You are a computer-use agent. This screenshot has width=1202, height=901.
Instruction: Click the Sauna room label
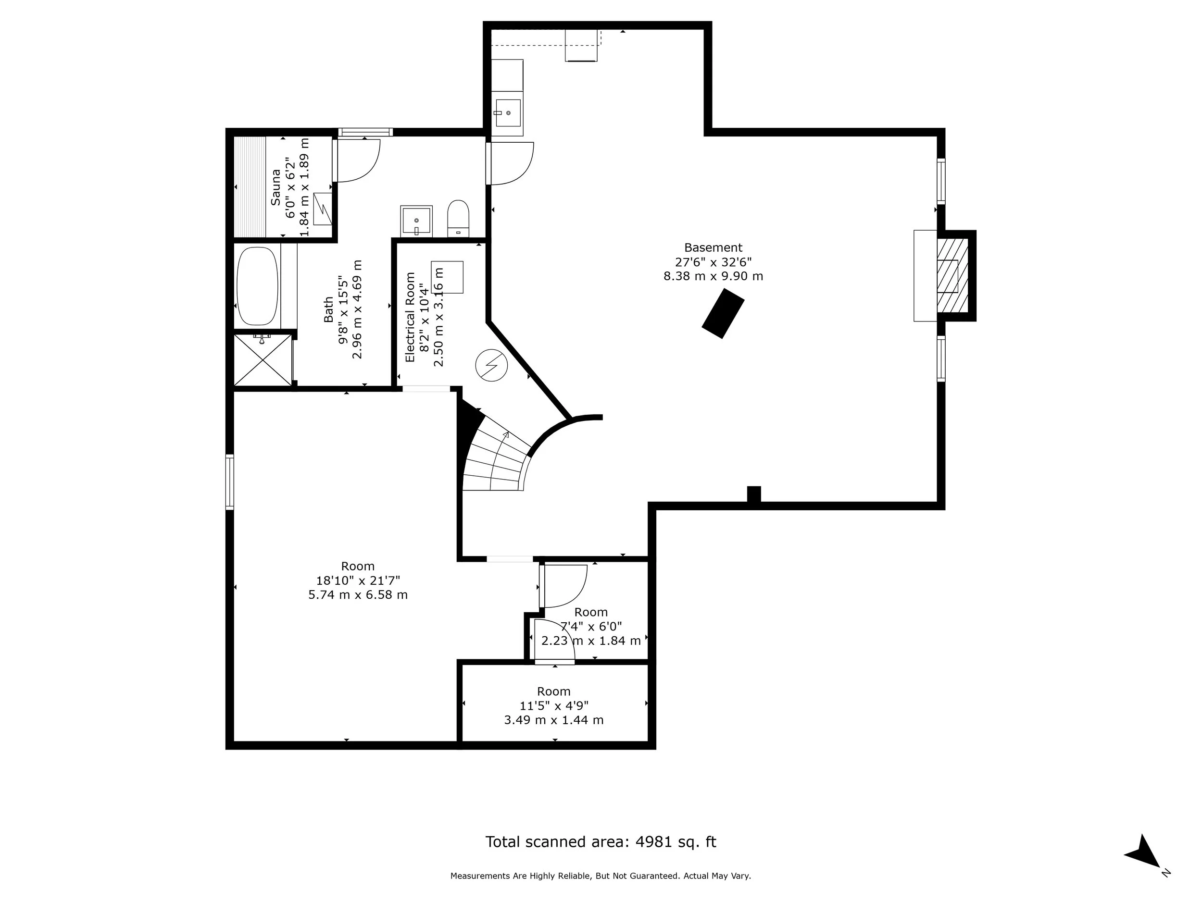[x=276, y=187]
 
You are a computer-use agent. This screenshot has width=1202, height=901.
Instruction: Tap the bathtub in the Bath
[x=258, y=286]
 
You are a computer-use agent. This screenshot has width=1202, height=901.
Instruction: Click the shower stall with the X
[x=263, y=359]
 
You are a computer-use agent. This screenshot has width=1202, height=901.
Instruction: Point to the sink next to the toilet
[x=416, y=221]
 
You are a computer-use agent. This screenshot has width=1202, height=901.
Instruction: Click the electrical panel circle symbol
[x=491, y=365]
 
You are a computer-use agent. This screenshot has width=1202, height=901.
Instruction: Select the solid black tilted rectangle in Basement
[x=723, y=313]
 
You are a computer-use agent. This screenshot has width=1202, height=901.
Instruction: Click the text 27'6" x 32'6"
[x=713, y=262]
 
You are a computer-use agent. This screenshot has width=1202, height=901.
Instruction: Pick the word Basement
[x=713, y=247]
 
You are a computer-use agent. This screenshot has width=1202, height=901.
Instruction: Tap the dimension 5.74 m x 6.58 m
[x=358, y=595]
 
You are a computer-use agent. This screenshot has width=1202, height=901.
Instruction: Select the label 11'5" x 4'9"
[x=554, y=705]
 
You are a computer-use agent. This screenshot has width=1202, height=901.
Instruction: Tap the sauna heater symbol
[x=323, y=209]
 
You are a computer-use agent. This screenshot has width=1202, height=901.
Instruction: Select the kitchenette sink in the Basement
[x=508, y=113]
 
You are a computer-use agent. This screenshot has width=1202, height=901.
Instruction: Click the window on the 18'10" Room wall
[x=230, y=481]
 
